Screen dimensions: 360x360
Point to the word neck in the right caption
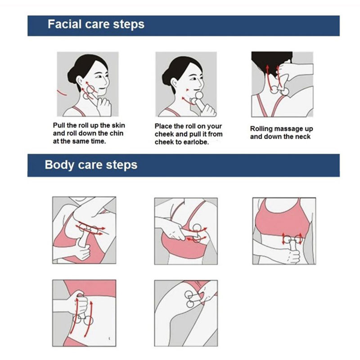coord(303,137)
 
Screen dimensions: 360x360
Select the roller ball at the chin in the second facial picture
coord(199,95)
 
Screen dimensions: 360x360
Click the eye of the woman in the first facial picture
coord(99,76)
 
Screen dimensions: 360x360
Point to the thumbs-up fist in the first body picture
coord(84,252)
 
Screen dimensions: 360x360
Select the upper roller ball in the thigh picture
coord(189,294)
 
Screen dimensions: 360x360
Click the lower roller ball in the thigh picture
coord(190,304)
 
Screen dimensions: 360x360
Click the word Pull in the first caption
coord(59,126)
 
